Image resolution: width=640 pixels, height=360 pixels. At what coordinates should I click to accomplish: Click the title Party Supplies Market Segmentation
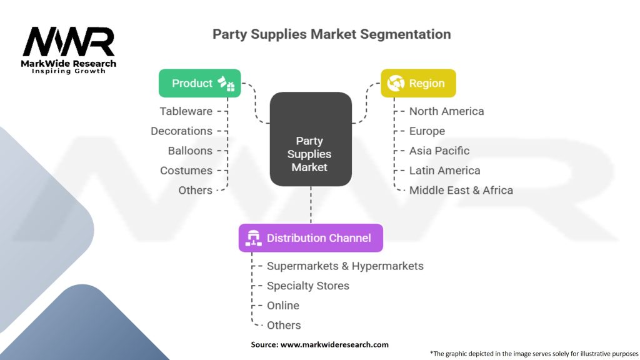tap(331, 33)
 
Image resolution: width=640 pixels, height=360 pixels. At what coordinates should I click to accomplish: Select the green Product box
tap(199, 83)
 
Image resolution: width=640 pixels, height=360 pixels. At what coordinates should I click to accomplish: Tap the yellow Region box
tap(418, 83)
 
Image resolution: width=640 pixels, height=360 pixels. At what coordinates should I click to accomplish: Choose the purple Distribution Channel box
tap(311, 238)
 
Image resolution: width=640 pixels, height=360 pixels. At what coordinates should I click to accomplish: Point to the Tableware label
tap(186, 111)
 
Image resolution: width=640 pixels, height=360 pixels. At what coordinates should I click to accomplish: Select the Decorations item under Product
tap(181, 131)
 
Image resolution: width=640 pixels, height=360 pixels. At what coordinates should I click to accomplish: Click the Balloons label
tap(190, 151)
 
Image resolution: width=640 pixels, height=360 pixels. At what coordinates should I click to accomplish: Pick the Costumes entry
tap(186, 171)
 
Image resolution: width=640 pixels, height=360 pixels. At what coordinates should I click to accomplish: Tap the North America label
tap(446, 111)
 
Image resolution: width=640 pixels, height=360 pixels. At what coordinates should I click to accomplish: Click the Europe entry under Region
tap(427, 131)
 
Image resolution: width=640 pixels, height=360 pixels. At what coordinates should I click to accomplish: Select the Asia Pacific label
tap(439, 151)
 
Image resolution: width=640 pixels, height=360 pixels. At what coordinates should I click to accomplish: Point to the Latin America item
tap(444, 171)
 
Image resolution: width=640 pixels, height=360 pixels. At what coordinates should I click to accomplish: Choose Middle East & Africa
tap(461, 190)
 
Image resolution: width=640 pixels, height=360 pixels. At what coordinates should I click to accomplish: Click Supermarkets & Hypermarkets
tap(345, 266)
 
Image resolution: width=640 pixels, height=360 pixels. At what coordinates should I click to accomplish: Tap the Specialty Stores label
tap(307, 286)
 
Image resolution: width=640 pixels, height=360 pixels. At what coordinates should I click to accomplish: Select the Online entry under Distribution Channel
tap(282, 306)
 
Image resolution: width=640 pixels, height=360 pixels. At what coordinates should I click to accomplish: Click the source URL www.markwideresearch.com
tap(335, 344)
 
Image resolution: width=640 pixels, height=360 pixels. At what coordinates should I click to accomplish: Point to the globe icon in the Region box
tap(396, 83)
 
